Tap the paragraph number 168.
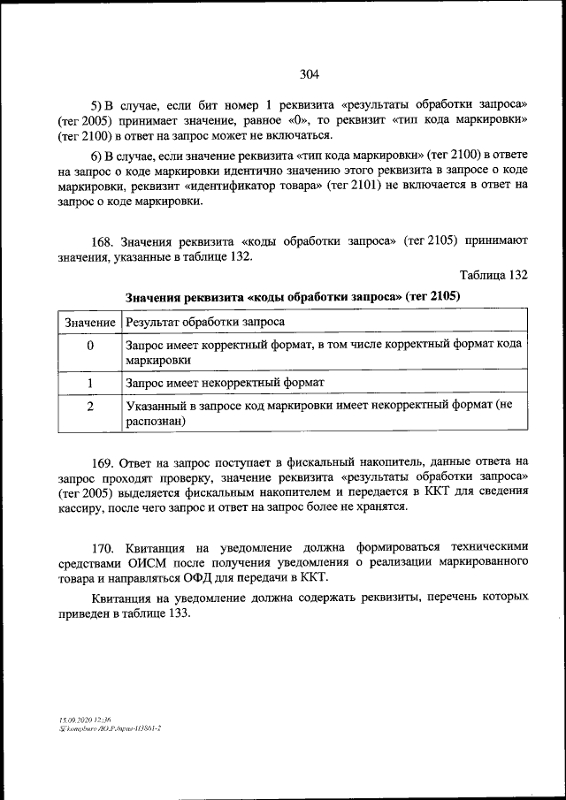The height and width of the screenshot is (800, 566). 104,240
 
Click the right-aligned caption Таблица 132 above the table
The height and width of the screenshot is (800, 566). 493,276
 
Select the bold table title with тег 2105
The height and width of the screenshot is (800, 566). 294,296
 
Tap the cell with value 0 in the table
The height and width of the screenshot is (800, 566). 89,346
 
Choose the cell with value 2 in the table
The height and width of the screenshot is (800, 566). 89,406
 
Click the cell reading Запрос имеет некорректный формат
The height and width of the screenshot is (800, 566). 226,383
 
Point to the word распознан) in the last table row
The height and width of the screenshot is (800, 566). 155,422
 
